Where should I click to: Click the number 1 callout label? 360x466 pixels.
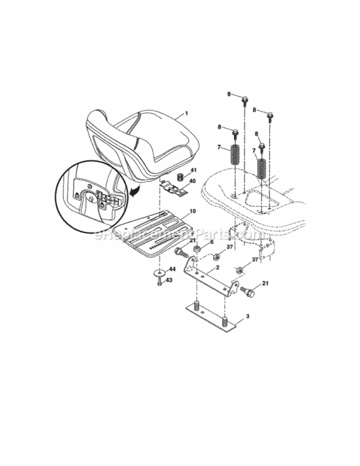186,115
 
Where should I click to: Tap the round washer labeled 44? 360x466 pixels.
160,273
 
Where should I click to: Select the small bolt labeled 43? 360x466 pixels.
160,283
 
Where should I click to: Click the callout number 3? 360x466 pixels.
248,317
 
